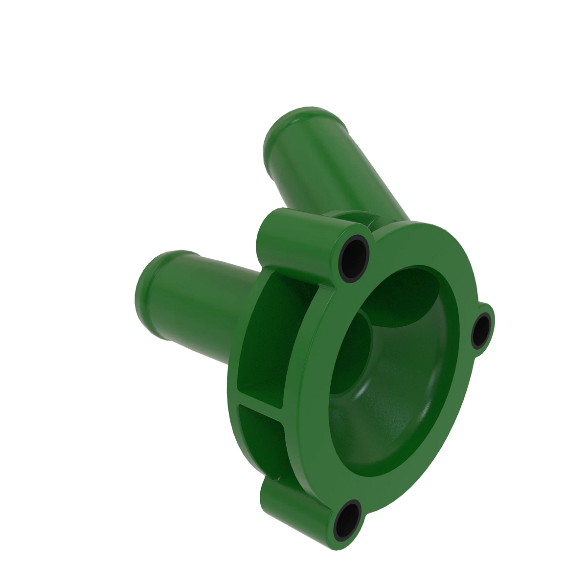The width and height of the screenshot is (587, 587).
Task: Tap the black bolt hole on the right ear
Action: click(482, 332)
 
